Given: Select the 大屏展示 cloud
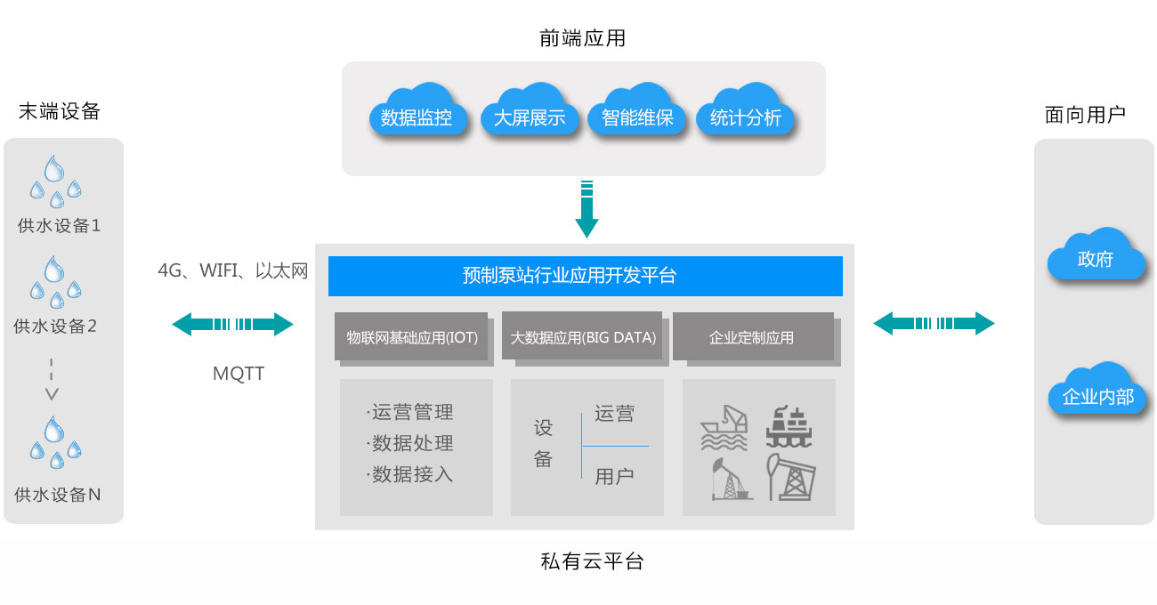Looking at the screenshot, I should pyautogui.click(x=529, y=115).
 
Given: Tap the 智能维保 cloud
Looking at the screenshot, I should pyautogui.click(x=637, y=115).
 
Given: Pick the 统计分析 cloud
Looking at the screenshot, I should pyautogui.click(x=746, y=115).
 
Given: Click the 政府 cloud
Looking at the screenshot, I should pyautogui.click(x=1095, y=257).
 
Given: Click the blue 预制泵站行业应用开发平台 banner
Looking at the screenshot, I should pyautogui.click(x=585, y=276).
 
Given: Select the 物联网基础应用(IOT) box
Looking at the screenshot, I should pyautogui.click(x=412, y=337).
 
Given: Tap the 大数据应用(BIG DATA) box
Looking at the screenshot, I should pyautogui.click(x=583, y=337).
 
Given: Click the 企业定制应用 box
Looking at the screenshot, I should pyautogui.click(x=753, y=337).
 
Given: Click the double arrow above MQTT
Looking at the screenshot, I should pyautogui.click(x=232, y=325).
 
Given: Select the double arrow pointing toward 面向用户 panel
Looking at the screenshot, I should pyautogui.click(x=934, y=323).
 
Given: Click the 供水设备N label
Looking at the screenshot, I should pyautogui.click(x=58, y=495).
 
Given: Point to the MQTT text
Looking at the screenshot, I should pyautogui.click(x=239, y=374).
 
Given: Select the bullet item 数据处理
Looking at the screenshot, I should pyautogui.click(x=410, y=443).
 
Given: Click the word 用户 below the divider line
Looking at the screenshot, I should pyautogui.click(x=614, y=476).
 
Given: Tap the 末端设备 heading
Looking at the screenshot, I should pyautogui.click(x=60, y=112).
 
